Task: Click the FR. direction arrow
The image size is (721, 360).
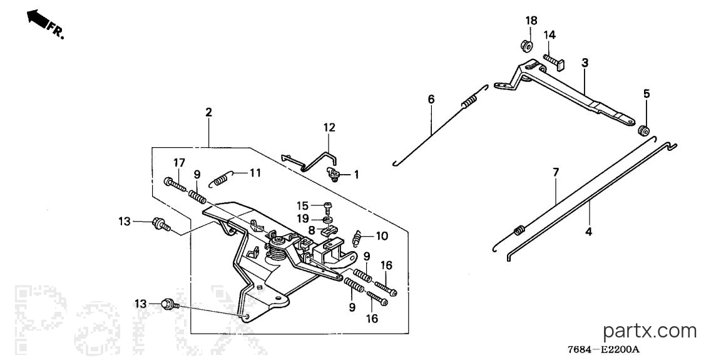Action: [38, 18]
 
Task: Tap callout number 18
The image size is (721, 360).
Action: [531, 21]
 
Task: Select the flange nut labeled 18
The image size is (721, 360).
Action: [526, 45]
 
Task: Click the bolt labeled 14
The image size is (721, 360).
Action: [556, 61]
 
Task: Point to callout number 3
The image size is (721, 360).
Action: [585, 63]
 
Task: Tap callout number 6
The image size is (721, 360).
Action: [431, 99]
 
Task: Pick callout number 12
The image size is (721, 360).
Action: [329, 127]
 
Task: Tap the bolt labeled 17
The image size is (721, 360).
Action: [175, 185]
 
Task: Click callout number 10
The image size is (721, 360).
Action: [382, 236]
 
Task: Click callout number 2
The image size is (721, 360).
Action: [209, 111]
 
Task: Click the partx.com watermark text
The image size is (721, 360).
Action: [650, 331]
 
